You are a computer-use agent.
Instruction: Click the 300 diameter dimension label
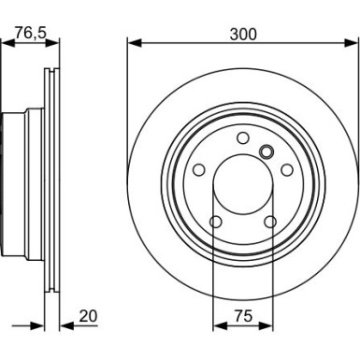243,35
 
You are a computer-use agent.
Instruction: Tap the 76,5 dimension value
31,33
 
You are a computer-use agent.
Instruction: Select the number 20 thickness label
88,316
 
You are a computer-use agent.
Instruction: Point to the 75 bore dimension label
243,316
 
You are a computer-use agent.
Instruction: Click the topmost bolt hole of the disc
243,137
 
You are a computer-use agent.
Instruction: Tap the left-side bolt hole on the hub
199,170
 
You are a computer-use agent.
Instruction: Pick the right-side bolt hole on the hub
287,170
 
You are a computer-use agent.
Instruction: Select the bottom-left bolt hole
216,222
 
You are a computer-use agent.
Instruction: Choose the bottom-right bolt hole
270,222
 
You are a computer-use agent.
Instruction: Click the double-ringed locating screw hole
266,151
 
